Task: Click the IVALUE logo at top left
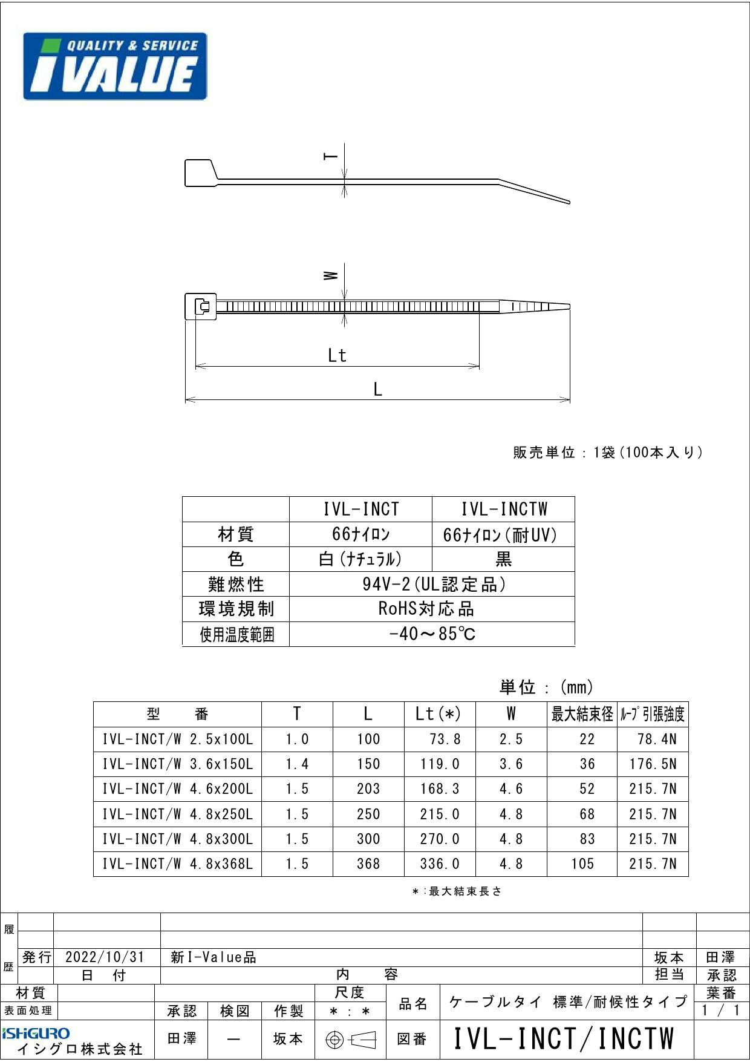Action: click(x=115, y=66)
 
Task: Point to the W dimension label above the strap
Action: click(x=330, y=275)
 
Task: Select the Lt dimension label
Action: click(x=337, y=355)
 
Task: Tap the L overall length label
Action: click(x=377, y=390)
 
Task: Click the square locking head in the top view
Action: click(x=204, y=307)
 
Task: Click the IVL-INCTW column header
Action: click(x=503, y=509)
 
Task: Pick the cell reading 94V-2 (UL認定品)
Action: click(x=432, y=584)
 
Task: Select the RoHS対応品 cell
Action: click(x=432, y=609)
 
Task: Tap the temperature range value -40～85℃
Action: click(x=432, y=634)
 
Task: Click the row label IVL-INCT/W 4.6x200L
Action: click(x=177, y=789)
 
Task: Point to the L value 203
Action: click(x=368, y=789)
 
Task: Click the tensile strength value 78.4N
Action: click(x=656, y=739)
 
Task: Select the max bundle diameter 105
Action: click(x=582, y=864)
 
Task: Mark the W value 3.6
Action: click(x=511, y=764)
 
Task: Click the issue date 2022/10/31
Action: click(x=105, y=957)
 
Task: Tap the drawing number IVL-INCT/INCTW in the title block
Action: click(x=563, y=1038)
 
